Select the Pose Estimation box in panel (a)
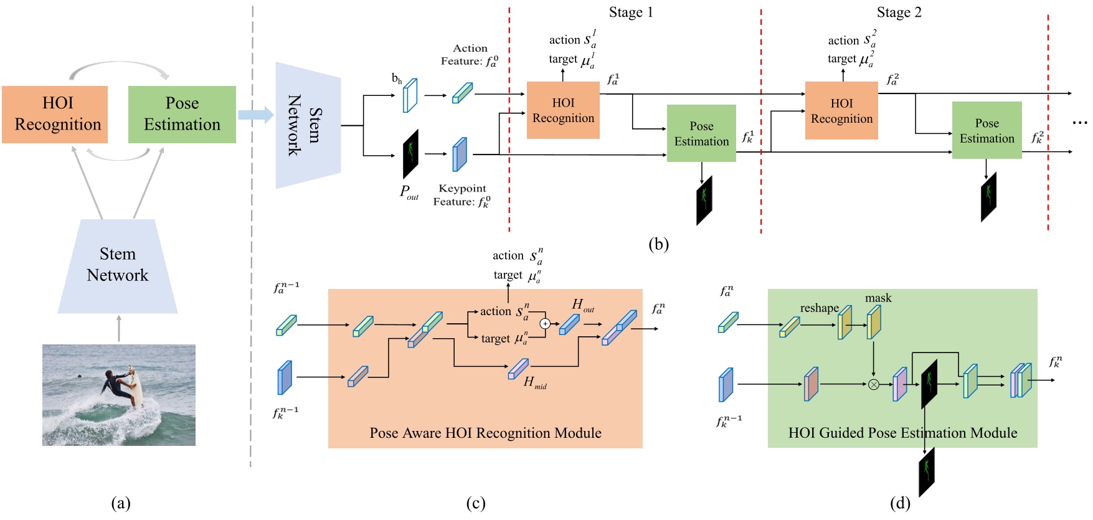[x=182, y=114]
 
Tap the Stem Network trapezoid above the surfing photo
[x=118, y=265]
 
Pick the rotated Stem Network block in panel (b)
[x=308, y=125]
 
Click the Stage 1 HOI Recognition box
[x=563, y=110]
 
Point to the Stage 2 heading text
[x=899, y=12]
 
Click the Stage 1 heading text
[x=631, y=12]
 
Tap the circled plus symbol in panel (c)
[x=545, y=323]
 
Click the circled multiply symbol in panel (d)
[x=874, y=384]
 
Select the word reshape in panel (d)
[x=819, y=308]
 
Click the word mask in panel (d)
[x=878, y=298]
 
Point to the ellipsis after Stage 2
[x=1079, y=123]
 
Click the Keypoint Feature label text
[x=461, y=195]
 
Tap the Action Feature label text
[x=470, y=55]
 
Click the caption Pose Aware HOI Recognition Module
[x=485, y=433]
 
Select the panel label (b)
[x=658, y=243]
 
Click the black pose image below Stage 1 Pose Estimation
[x=704, y=201]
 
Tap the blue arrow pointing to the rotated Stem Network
[x=255, y=115]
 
